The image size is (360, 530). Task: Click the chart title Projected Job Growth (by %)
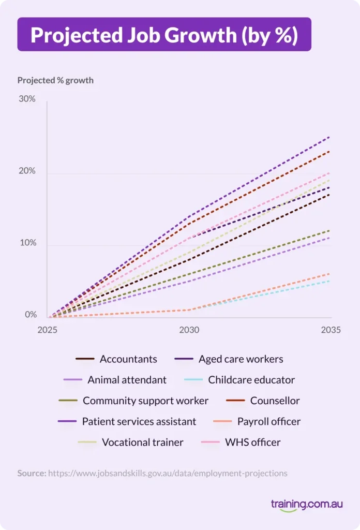click(x=164, y=34)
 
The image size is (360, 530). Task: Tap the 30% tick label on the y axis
click(x=27, y=99)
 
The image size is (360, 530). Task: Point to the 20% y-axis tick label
click(x=27, y=171)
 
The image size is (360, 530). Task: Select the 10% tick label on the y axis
click(x=27, y=243)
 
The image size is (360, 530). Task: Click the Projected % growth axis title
click(x=55, y=80)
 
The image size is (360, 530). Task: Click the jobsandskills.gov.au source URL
click(x=168, y=473)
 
